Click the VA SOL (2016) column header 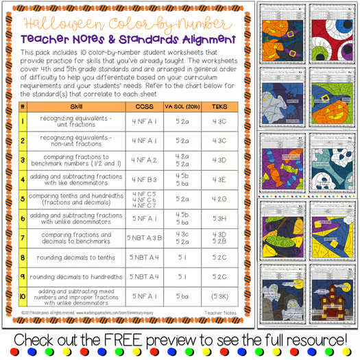pos(182,107)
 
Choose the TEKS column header pos(220,107)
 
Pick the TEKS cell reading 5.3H pos(220,219)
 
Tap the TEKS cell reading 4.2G pos(220,200)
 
